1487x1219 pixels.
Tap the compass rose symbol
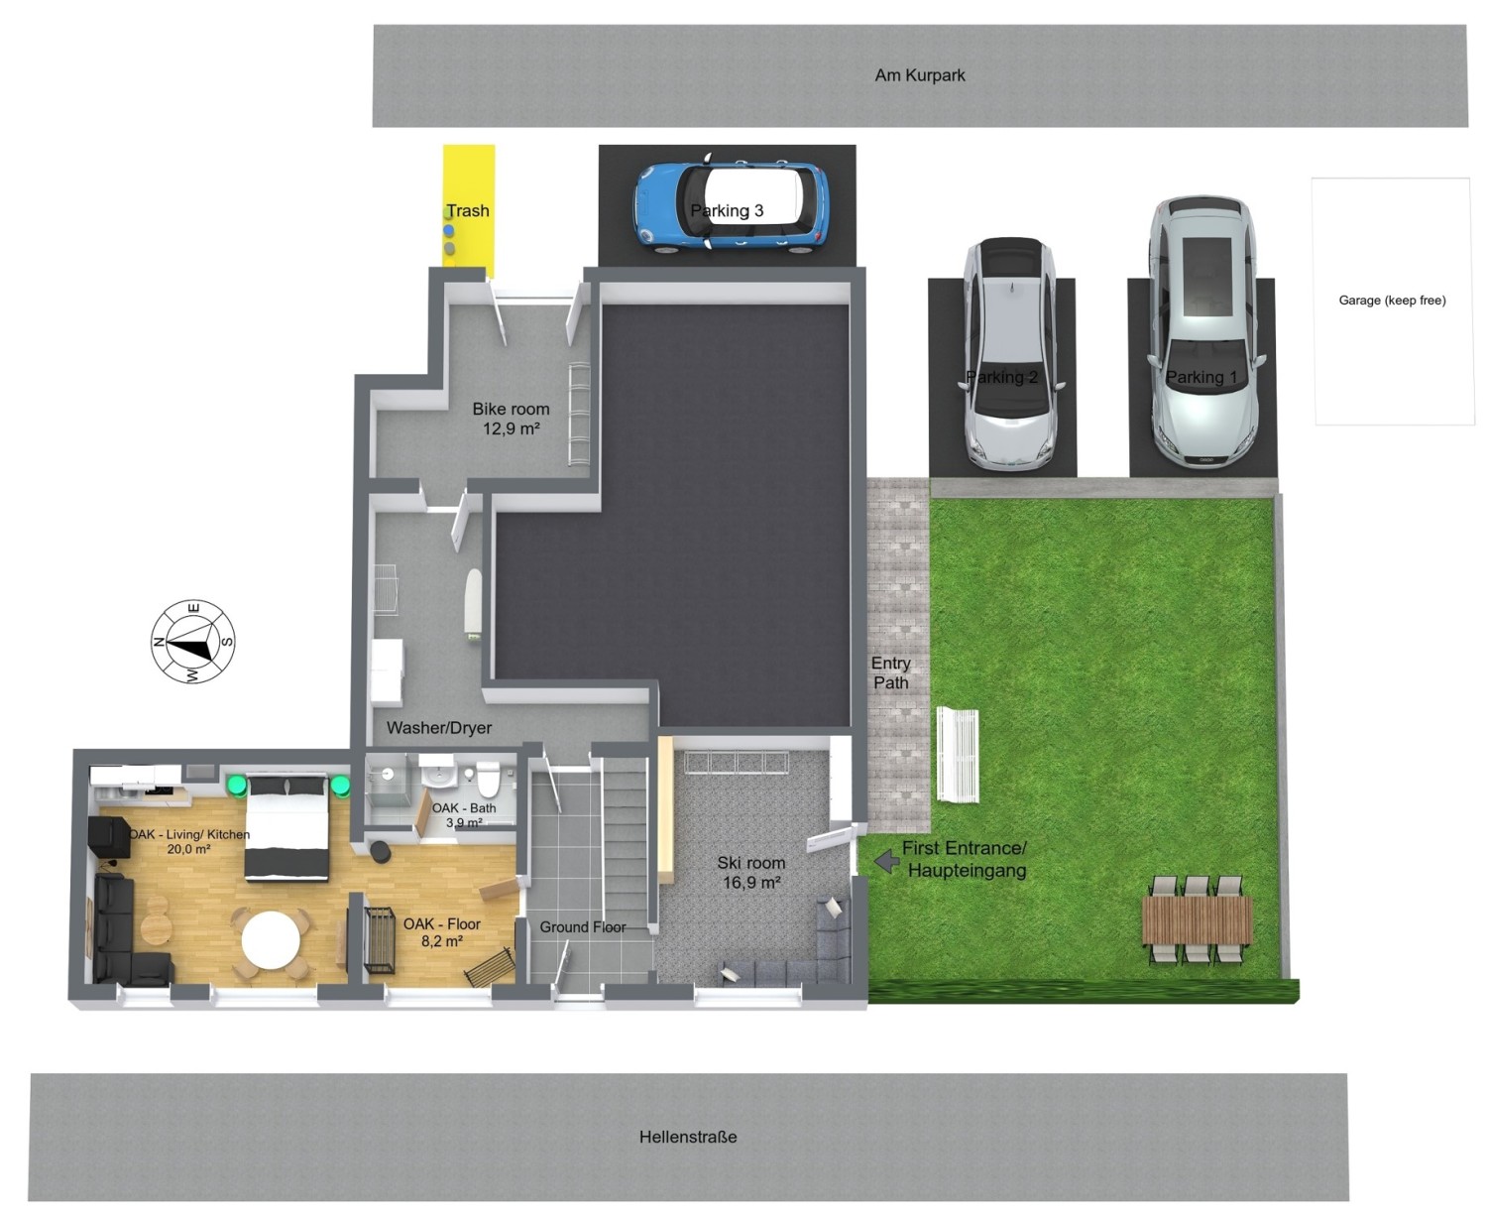point(192,642)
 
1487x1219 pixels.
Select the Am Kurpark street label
point(919,74)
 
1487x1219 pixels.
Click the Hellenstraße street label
point(687,1137)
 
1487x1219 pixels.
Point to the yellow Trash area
point(468,210)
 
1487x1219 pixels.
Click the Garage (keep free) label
point(1392,300)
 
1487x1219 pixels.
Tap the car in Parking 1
point(1203,331)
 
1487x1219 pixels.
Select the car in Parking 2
point(1011,353)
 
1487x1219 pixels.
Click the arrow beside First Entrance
point(886,860)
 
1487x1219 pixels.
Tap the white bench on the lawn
point(957,754)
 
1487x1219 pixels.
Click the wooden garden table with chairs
point(1198,919)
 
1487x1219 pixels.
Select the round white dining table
point(271,939)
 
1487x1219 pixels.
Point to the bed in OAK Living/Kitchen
point(286,827)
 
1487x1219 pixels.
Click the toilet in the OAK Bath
point(488,778)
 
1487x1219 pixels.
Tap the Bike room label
point(511,419)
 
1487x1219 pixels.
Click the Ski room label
point(750,872)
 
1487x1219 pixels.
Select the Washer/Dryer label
point(438,727)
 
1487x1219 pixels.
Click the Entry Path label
point(890,672)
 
